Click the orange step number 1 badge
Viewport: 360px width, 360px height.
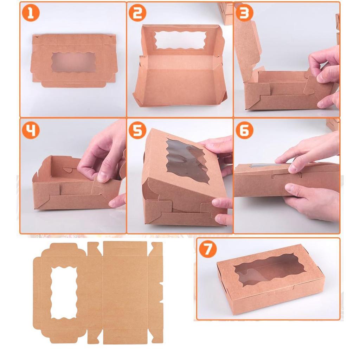click(31, 13)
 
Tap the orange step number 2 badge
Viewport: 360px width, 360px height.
click(137, 13)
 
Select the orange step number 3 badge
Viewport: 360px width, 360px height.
click(244, 13)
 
